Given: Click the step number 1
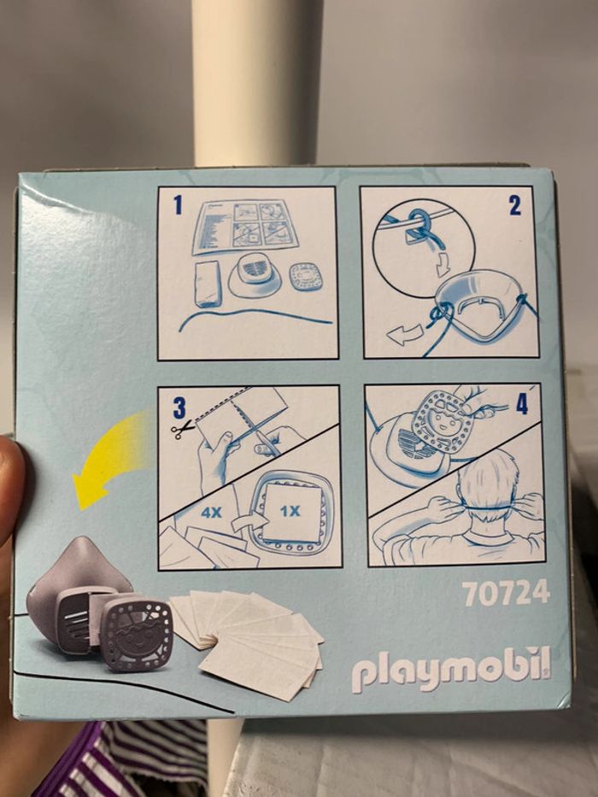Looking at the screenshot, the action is tap(178, 205).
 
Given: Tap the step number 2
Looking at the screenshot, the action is tap(514, 206).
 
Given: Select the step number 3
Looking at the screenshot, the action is tap(179, 407).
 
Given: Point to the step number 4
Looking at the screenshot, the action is tap(523, 405).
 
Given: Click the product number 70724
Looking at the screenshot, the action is tap(506, 594).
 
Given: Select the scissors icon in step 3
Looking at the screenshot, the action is tap(183, 430).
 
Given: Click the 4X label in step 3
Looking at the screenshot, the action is tap(211, 513).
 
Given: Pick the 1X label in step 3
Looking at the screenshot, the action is tap(290, 512).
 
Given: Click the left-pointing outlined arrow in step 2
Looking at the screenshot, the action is tap(405, 335).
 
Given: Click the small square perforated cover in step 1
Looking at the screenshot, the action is tap(305, 277).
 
